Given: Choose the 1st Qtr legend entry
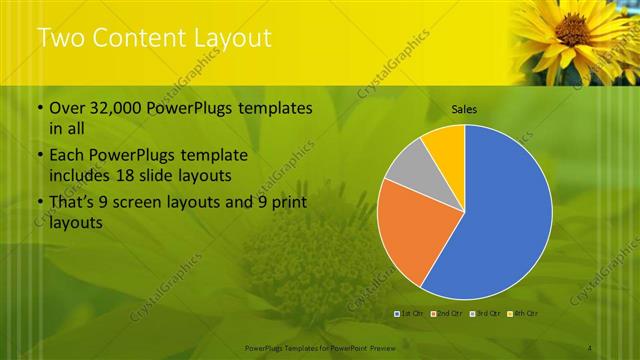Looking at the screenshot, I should (x=412, y=314).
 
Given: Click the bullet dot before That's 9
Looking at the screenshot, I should (x=40, y=204).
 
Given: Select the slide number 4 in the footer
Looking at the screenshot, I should (x=590, y=348).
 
